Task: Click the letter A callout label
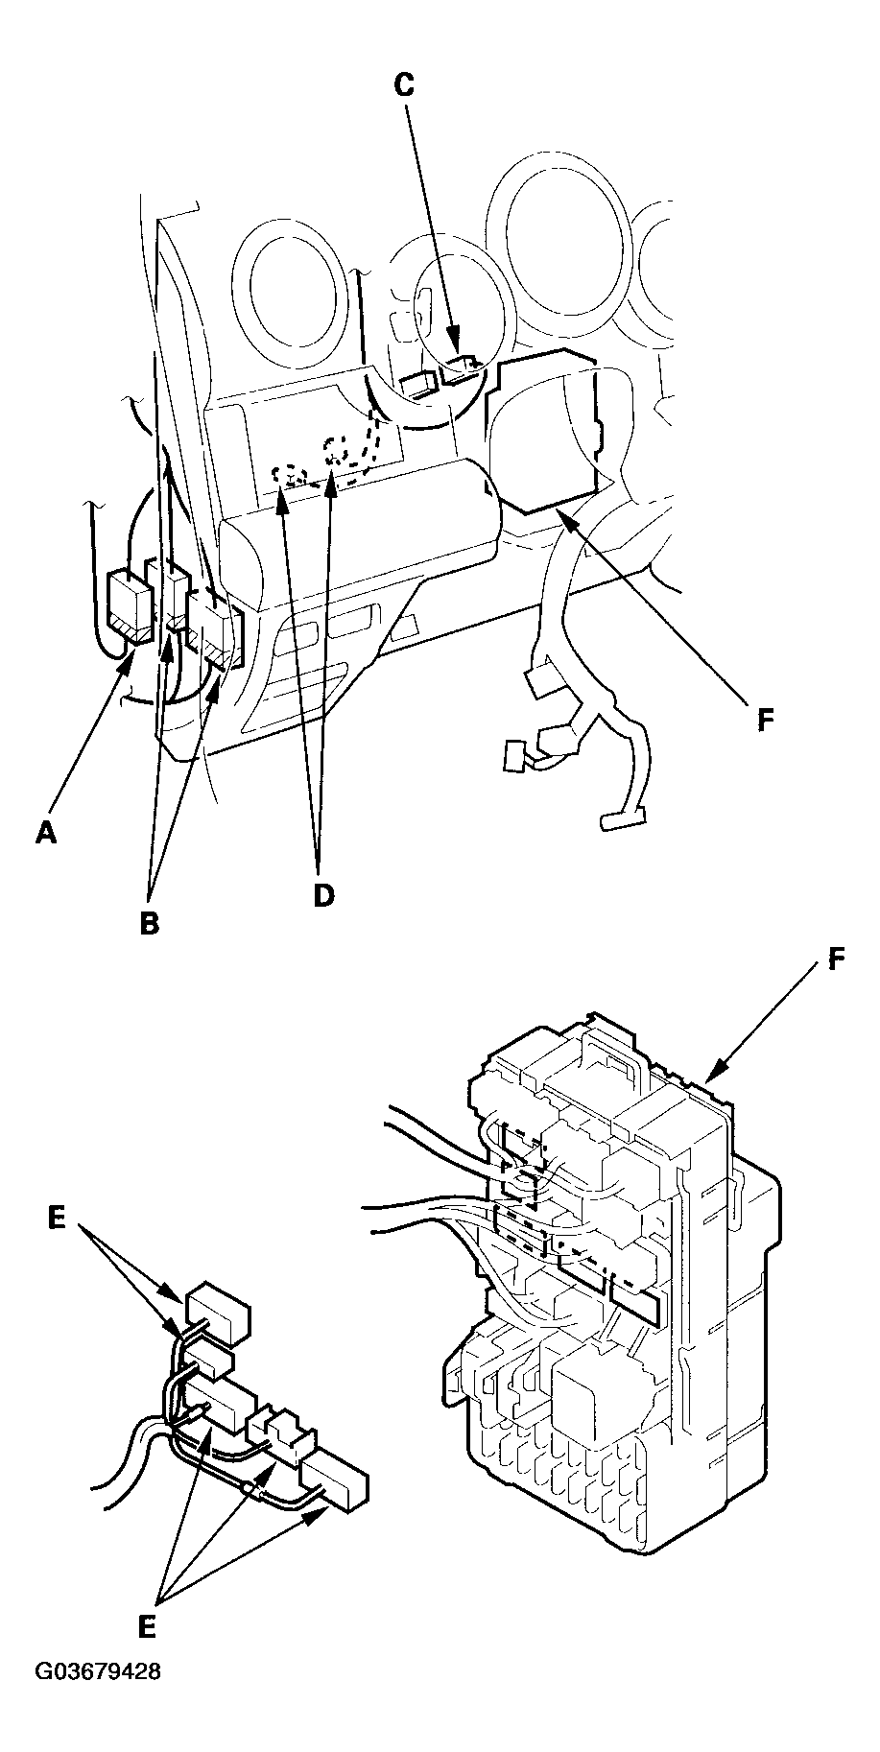46,834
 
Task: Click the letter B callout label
150,923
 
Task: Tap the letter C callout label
405,84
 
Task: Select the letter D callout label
323,894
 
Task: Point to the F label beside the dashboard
766,720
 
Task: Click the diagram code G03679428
98,1698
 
